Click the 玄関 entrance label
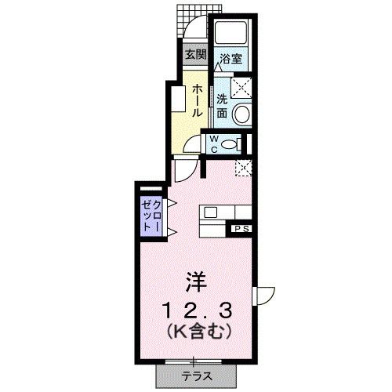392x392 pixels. (195, 56)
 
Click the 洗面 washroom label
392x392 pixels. (223, 107)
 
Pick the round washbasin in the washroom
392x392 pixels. (242, 114)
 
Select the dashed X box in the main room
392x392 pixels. (245, 166)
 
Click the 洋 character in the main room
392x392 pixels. (195, 280)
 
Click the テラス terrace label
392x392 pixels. (197, 375)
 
